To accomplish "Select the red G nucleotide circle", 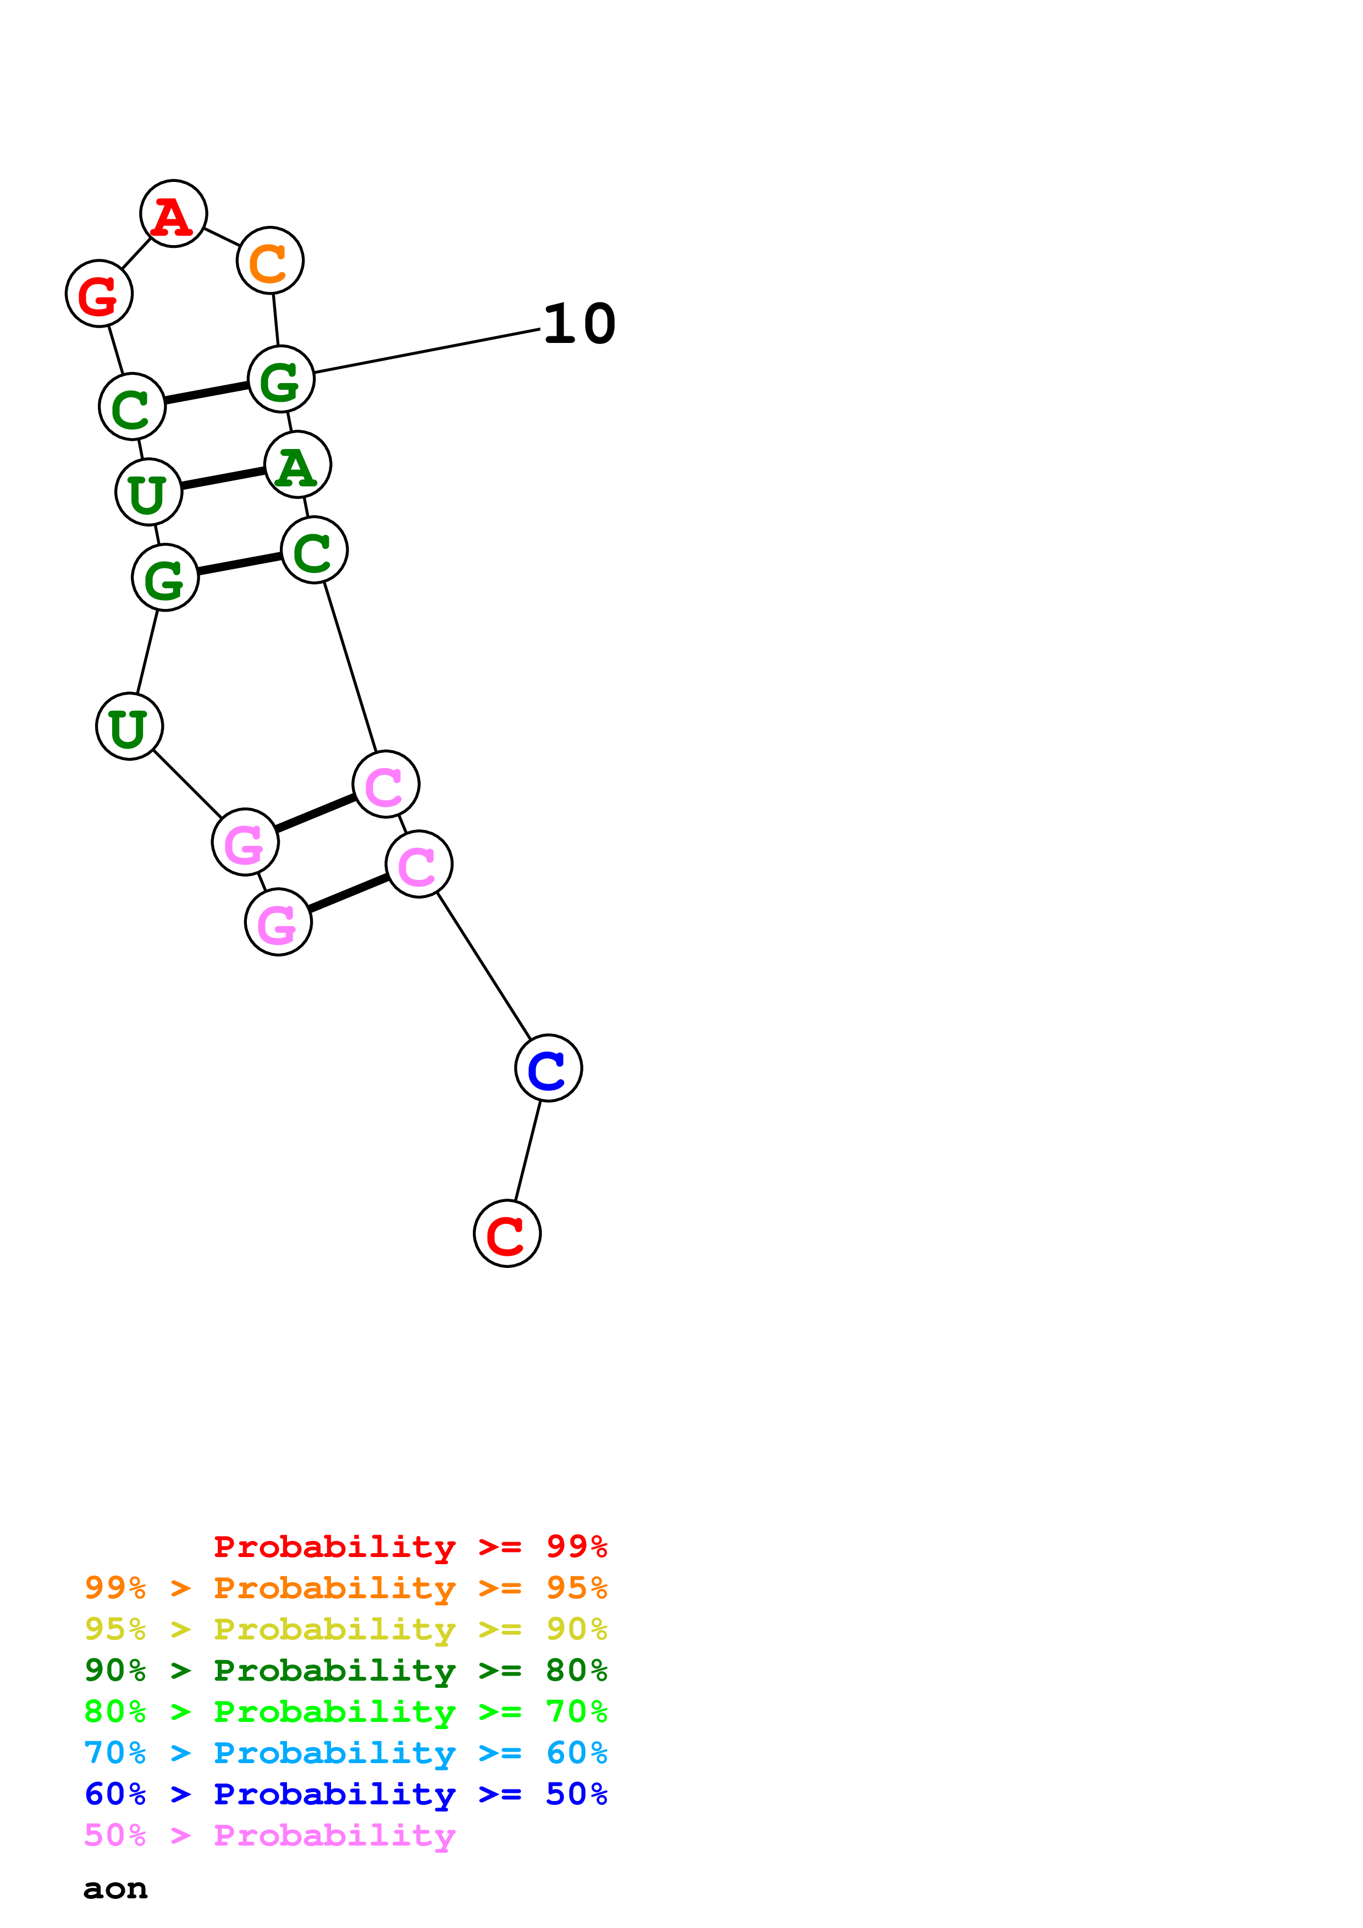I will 99,294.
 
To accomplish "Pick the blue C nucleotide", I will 548,1068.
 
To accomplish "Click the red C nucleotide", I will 507,1233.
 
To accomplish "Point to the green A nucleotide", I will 297,464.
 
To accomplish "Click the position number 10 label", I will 580,324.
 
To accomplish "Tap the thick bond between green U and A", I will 223,479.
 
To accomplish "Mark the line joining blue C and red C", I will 528,1150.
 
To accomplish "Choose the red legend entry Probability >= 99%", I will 410,1547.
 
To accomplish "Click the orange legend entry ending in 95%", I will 345,1588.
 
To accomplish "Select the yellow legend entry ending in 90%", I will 345,1629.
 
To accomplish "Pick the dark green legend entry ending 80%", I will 345,1670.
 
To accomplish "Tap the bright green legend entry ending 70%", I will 345,1711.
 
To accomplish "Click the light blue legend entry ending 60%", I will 345,1753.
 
